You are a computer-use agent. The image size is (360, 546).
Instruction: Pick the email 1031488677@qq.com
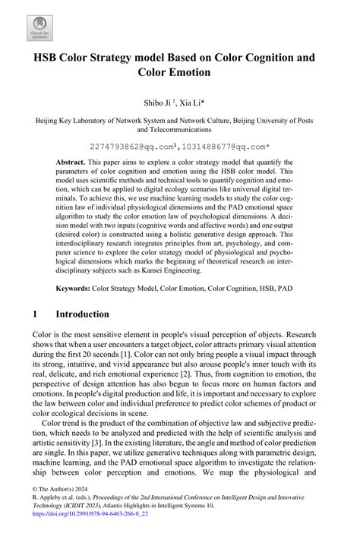coord(232,145)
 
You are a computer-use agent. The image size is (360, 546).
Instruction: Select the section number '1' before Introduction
coord(36,314)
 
